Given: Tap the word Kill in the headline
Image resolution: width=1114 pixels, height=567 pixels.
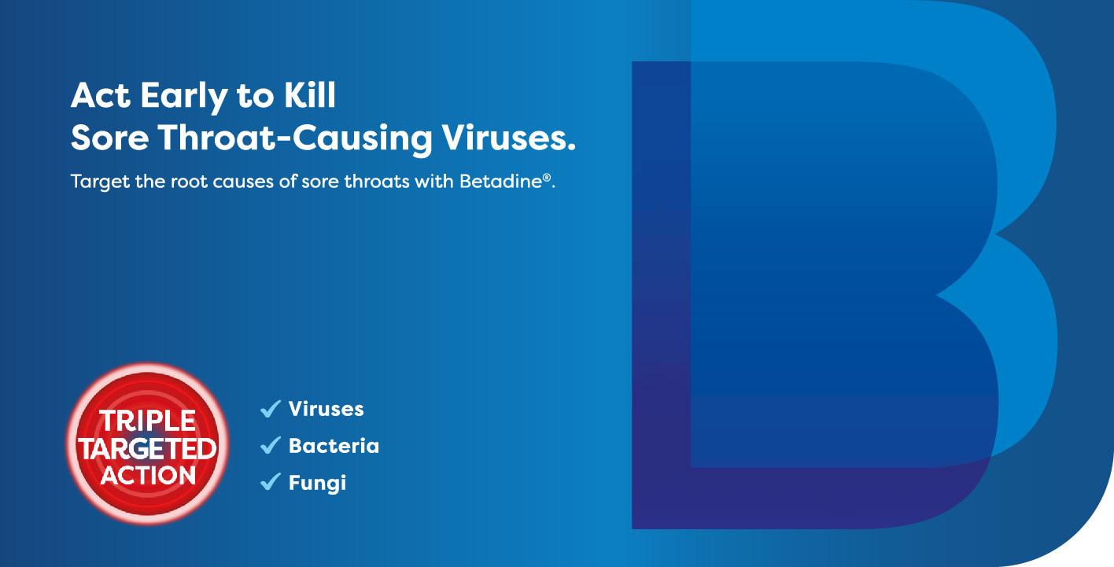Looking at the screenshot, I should point(305,96).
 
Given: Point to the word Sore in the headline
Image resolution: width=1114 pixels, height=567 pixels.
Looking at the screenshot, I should point(109,138).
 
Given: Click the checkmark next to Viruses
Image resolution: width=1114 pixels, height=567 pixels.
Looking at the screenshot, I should point(270,409).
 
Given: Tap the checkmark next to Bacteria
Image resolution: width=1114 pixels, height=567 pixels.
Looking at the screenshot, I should point(270,446).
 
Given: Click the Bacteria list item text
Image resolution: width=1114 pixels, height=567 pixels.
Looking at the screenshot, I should point(334,446).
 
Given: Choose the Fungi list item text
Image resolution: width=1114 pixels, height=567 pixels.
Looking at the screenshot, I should point(317,482).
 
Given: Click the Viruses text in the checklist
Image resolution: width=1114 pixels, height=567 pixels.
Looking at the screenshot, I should point(326,409).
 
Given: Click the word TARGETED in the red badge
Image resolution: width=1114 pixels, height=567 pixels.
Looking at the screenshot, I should point(147,449).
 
